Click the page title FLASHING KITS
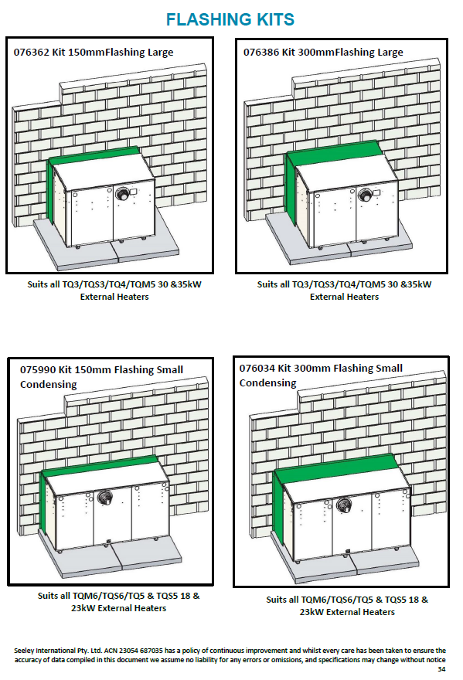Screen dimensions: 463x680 [x=230, y=19]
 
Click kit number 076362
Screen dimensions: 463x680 [x=31, y=53]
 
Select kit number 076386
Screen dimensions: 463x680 [x=260, y=53]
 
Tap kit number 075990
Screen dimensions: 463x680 [x=38, y=370]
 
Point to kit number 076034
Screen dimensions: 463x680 [x=257, y=368]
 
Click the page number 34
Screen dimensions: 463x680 [x=441, y=669]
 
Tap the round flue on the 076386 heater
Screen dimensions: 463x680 [x=366, y=195]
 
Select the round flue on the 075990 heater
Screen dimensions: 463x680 [x=104, y=497]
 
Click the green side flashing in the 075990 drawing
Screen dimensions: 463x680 [x=44, y=503]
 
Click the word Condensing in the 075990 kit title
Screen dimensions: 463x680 [x=49, y=385]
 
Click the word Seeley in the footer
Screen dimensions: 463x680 [x=23, y=651]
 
